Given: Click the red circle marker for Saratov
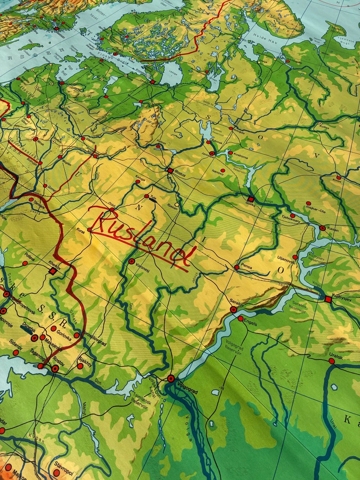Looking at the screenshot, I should pyautogui.click(x=233, y=309).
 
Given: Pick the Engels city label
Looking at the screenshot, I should pyautogui.click(x=250, y=322).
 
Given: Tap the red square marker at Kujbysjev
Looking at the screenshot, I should pyautogui.click(x=328, y=299).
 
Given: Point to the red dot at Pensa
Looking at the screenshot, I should pyautogui.click(x=237, y=267).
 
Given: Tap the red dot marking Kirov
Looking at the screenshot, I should pyautogui.click(x=339, y=177).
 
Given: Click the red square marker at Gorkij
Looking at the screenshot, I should pyautogui.click(x=251, y=199).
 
